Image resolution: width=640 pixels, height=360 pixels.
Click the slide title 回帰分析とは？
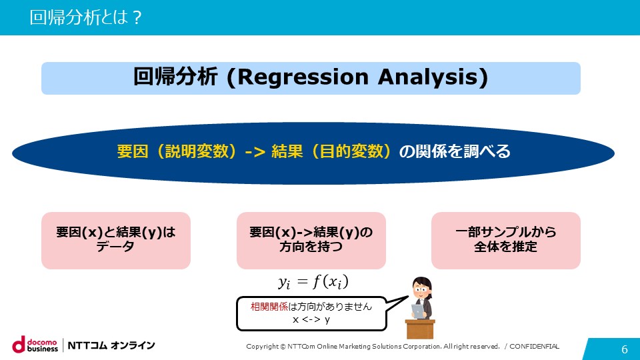pyautogui.click(x=86, y=17)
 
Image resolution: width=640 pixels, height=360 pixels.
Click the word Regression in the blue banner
pyautogui.click(x=303, y=77)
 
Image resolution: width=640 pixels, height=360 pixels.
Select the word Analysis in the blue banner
pyautogui.click(x=427, y=77)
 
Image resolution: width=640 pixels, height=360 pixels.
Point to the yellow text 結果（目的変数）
pyautogui.click(x=331, y=151)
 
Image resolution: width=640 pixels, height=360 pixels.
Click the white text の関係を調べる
pyautogui.click(x=455, y=151)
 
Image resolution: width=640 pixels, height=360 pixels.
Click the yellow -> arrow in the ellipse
pyautogui.click(x=255, y=152)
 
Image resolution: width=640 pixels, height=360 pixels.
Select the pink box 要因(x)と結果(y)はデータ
pyautogui.click(x=116, y=241)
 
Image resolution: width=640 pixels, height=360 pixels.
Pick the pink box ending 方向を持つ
pyautogui.click(x=311, y=241)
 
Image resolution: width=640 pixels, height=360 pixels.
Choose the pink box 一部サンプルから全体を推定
pyautogui.click(x=506, y=241)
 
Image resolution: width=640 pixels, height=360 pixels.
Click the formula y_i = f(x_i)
pyautogui.click(x=313, y=281)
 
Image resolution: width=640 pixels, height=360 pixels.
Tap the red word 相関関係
pyautogui.click(x=269, y=306)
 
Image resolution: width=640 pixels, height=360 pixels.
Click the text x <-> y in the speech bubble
pyautogui.click(x=311, y=319)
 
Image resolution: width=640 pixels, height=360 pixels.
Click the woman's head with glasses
pyautogui.click(x=421, y=288)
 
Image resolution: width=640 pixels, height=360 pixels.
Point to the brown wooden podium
pyautogui.click(x=420, y=329)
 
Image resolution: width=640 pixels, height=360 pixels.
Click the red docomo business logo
pyautogui.click(x=35, y=345)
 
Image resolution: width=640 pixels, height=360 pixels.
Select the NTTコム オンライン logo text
pyautogui.click(x=111, y=345)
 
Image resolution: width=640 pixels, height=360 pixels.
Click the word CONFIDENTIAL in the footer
pyautogui.click(x=534, y=346)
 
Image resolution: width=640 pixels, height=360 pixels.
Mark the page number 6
pyautogui.click(x=625, y=349)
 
